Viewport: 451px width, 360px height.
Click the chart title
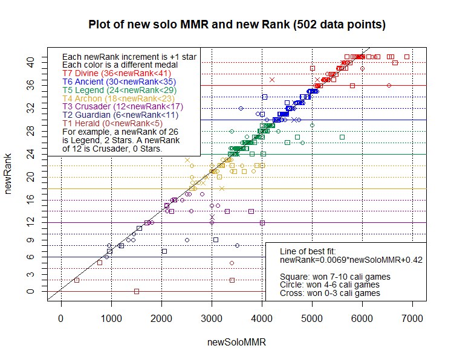pos(237,25)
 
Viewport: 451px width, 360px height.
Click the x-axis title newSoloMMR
pos(237,342)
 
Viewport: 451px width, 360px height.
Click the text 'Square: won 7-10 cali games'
pos(335,276)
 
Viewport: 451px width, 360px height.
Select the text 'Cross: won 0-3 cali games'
pos(330,293)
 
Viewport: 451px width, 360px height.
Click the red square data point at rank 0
pos(137,291)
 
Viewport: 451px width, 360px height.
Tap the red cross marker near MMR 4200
pos(272,80)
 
